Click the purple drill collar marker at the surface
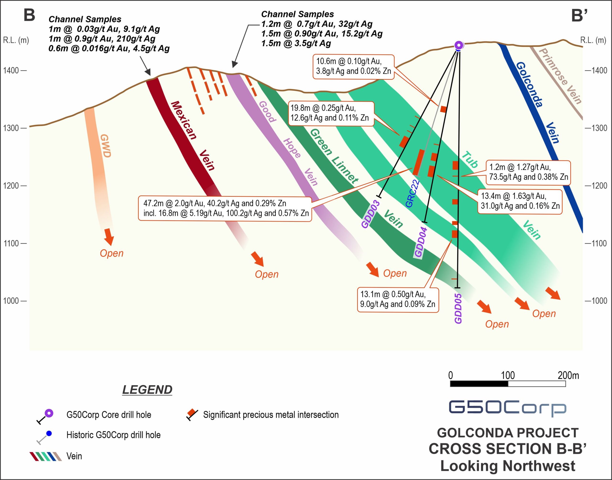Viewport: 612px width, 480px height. (x=459, y=45)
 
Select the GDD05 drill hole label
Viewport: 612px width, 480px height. (x=458, y=308)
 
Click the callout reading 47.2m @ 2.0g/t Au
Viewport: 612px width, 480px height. (x=225, y=208)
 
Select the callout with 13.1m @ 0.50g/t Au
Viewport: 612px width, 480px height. (x=398, y=299)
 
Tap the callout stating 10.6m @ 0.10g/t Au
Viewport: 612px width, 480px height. (x=354, y=67)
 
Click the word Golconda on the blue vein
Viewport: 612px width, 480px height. (x=529, y=84)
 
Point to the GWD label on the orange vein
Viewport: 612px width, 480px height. (x=105, y=146)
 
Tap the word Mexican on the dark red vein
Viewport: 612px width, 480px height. (x=184, y=120)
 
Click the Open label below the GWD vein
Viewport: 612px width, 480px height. (x=112, y=253)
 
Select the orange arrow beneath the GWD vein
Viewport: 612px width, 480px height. (x=109, y=237)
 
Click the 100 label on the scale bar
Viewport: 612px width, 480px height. (x=508, y=375)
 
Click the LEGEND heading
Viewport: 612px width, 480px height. (x=147, y=390)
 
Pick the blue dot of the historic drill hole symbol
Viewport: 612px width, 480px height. (x=49, y=434)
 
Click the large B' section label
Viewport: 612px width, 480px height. (x=579, y=16)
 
